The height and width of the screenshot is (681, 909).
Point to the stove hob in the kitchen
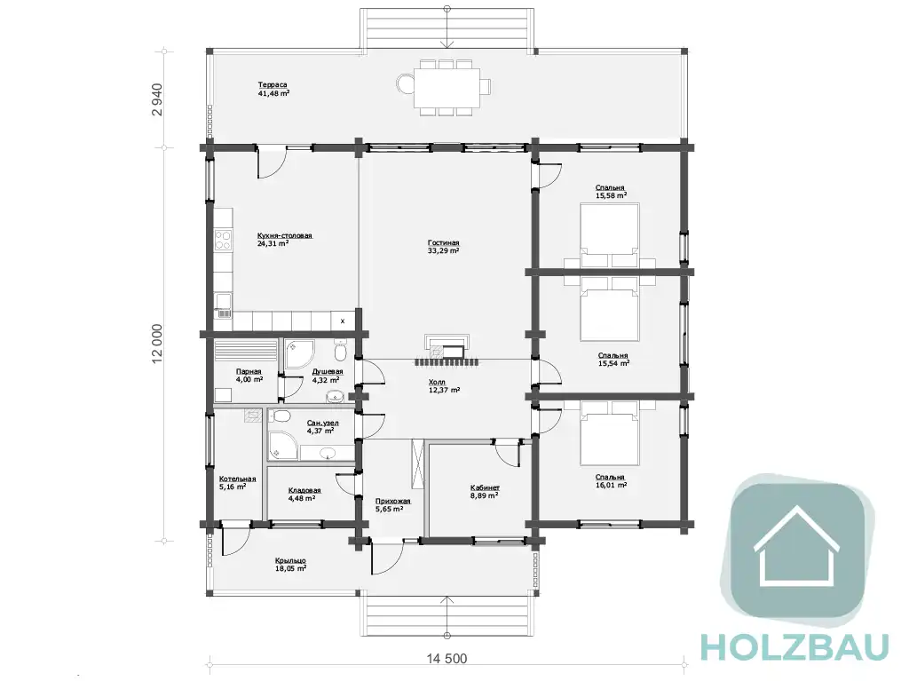pos(223,240)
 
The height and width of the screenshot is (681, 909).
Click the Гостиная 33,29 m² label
pos(444,247)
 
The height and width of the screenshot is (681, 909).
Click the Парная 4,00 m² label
pos(249,376)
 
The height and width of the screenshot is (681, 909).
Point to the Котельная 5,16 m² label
pos(237,483)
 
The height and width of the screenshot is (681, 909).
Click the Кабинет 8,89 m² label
pos(484,491)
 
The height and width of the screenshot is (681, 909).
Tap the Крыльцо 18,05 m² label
pos(290,565)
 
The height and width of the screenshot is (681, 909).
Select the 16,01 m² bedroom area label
pos(611,485)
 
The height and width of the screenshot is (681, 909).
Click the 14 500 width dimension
pos(447,659)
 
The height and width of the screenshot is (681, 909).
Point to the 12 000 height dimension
pos(157,344)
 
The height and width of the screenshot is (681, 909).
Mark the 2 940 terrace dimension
pos(157,99)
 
